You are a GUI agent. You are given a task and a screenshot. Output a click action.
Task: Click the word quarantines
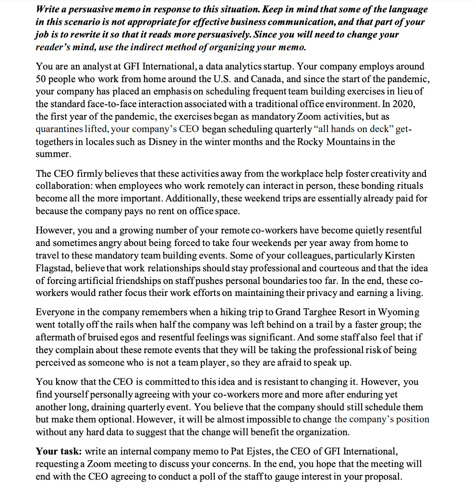(58, 130)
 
